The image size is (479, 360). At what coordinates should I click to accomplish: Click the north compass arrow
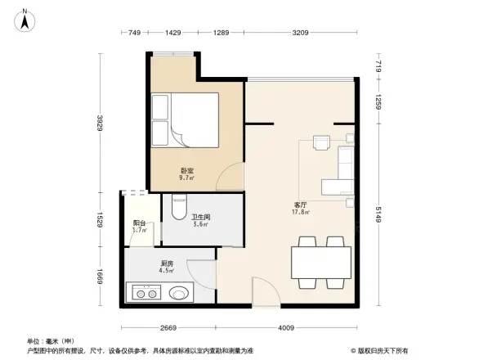[x=25, y=17]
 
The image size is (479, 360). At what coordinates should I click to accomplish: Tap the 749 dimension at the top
[x=136, y=32]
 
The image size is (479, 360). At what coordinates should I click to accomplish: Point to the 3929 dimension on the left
[x=99, y=123]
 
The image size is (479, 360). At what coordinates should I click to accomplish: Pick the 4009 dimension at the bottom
[x=285, y=328]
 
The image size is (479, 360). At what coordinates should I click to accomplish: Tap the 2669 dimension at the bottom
[x=169, y=328]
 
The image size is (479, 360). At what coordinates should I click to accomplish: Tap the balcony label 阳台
[x=140, y=222]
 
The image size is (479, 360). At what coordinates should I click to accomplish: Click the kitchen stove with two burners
[x=149, y=292]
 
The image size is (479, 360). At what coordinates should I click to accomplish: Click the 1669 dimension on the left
[x=99, y=277]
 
